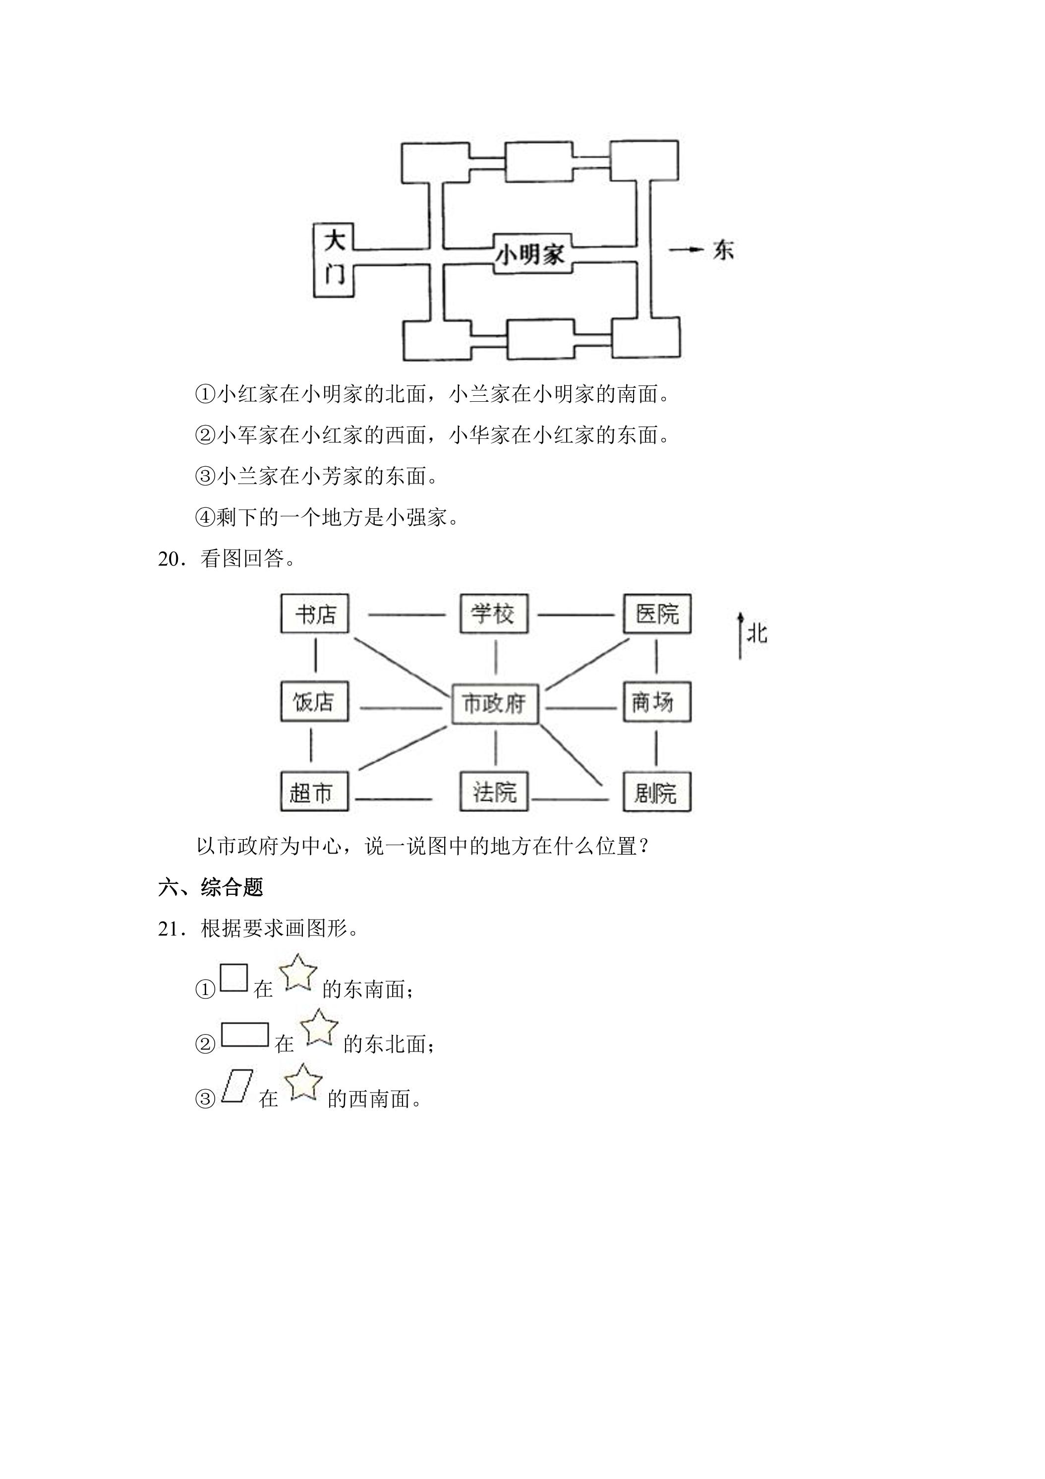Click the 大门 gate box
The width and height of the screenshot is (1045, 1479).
point(334,260)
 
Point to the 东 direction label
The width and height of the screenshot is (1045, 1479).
point(723,250)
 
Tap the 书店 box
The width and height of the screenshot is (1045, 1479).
point(315,614)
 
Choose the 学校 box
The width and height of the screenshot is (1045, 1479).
point(494,614)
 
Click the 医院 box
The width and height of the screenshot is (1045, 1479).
point(657,614)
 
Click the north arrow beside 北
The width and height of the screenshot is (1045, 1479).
point(741,636)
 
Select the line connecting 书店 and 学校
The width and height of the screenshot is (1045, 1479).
point(407,615)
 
